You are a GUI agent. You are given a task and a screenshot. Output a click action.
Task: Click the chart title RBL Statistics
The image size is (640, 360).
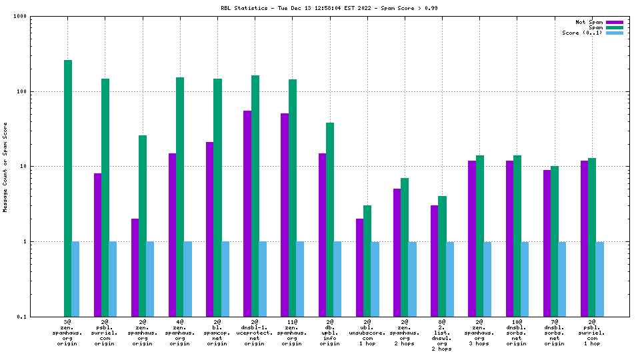coord(329,8)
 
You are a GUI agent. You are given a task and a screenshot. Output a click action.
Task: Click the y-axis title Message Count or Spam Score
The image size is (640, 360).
coord(5,167)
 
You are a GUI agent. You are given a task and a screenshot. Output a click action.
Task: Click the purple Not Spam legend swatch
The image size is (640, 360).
coord(614,22)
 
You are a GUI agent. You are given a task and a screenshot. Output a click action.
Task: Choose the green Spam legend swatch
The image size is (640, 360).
coord(614,27)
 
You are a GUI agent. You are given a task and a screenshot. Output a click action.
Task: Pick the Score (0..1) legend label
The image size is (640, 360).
coord(582,33)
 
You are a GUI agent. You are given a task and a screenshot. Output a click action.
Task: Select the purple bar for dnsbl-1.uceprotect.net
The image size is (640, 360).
coord(247,213)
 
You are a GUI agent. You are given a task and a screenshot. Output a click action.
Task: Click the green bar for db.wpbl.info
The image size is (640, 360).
coord(330,219)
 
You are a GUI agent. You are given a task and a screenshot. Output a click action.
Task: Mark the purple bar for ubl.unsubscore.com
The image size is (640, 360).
coord(360,267)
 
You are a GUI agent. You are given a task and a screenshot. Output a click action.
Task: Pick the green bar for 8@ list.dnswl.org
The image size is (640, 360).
coord(442,256)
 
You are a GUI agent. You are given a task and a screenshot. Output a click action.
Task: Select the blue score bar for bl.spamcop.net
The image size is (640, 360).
coord(225,279)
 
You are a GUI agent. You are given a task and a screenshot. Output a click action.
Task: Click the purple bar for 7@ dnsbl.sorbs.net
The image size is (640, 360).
coord(547,243)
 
